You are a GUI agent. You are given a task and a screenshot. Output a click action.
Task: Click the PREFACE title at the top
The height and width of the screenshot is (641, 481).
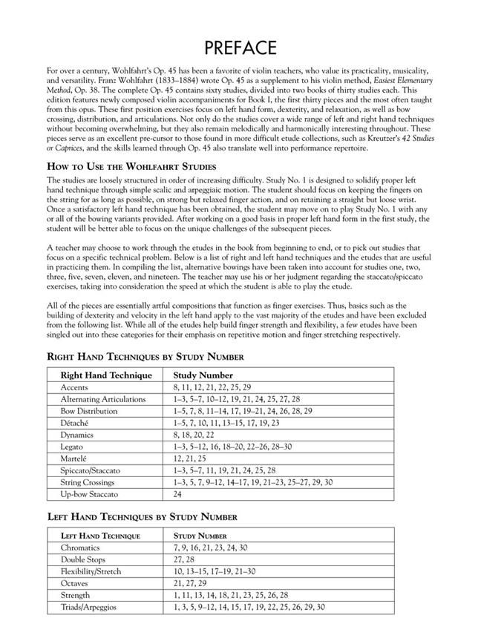pyautogui.click(x=240, y=48)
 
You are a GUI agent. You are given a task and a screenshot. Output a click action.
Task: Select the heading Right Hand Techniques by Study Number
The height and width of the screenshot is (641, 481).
pyautogui.click(x=145, y=356)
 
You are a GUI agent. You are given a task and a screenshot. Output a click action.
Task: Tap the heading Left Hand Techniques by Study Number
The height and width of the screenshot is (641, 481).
pyautogui.click(x=143, y=516)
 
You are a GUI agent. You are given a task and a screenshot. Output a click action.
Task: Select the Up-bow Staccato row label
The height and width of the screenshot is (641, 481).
pyautogui.click(x=91, y=494)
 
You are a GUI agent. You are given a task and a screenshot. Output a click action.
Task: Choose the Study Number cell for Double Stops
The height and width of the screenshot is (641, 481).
pyautogui.click(x=184, y=559)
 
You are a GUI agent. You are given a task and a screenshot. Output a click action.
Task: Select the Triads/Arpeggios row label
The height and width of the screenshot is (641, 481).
pyautogui.click(x=94, y=607)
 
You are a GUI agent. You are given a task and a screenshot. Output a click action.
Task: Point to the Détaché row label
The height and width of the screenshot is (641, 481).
pyautogui.click(x=77, y=423)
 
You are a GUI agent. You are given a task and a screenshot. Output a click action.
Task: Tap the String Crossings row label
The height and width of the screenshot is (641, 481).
pyautogui.click(x=91, y=482)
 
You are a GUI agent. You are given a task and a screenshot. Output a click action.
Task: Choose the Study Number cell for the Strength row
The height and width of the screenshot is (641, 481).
pyautogui.click(x=230, y=595)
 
